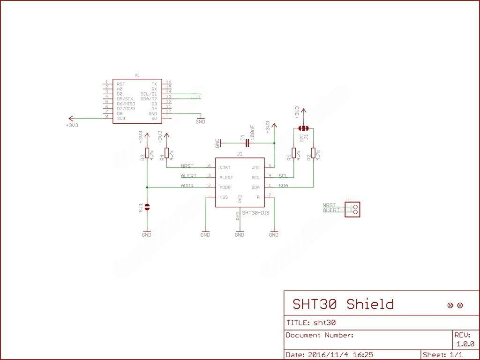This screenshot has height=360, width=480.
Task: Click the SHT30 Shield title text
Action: click(343, 304)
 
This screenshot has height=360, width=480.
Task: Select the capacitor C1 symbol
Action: click(247, 142)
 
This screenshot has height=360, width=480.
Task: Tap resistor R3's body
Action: click(147, 153)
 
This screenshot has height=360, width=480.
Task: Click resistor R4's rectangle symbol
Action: click(167, 153)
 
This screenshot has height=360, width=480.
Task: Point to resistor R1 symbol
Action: click(294, 153)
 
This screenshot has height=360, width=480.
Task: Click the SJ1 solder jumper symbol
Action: click(147, 207)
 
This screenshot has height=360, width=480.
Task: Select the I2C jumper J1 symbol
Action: click(304, 128)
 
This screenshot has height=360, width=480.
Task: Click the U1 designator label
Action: click(240, 154)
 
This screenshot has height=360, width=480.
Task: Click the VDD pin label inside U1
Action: click(255, 167)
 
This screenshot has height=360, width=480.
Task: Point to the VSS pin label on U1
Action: click(224, 197)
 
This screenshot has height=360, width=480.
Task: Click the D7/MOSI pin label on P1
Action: click(126, 109)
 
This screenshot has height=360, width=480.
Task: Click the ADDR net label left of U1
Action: click(187, 186)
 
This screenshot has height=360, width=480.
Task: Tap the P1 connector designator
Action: click(136, 75)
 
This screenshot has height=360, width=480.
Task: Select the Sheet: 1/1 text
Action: click(443, 355)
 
